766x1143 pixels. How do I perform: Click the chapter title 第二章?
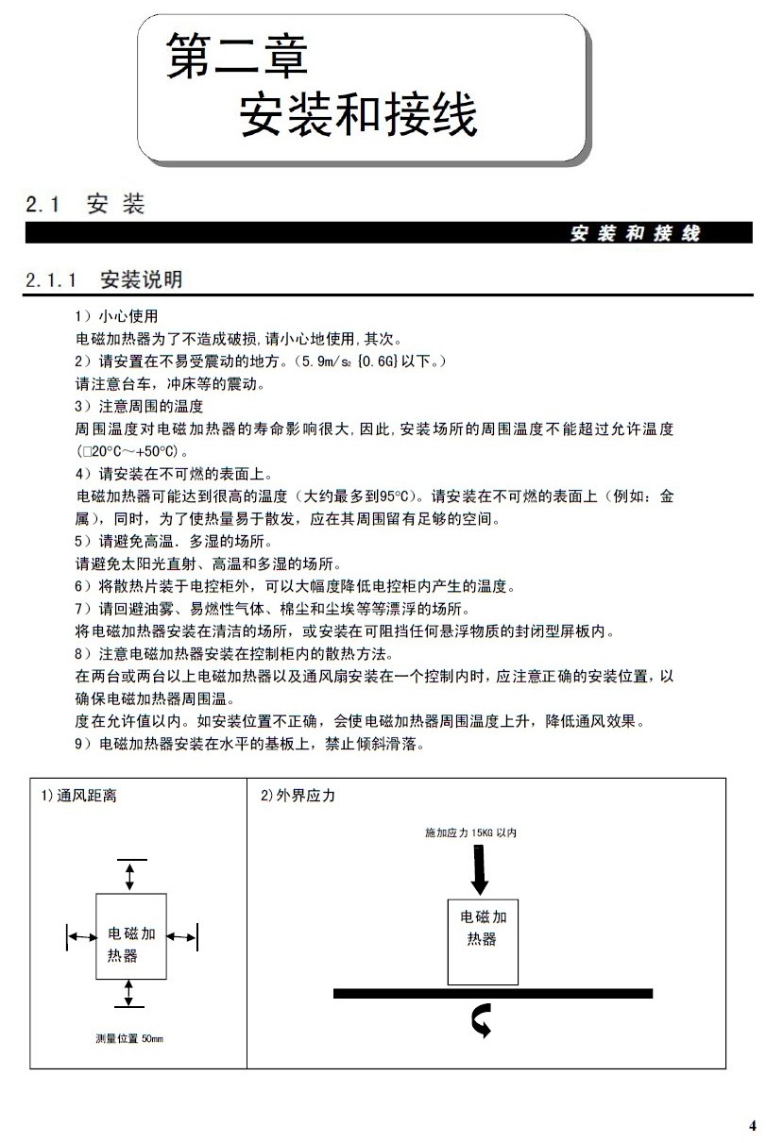[236, 56]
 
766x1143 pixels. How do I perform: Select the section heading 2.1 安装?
[86, 204]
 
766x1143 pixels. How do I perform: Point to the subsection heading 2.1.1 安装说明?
[104, 280]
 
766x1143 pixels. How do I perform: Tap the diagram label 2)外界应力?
[298, 796]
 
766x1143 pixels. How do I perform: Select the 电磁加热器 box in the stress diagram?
[482, 941]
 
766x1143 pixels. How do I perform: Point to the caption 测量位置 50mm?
[129, 1038]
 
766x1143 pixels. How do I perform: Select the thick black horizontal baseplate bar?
[492, 993]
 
